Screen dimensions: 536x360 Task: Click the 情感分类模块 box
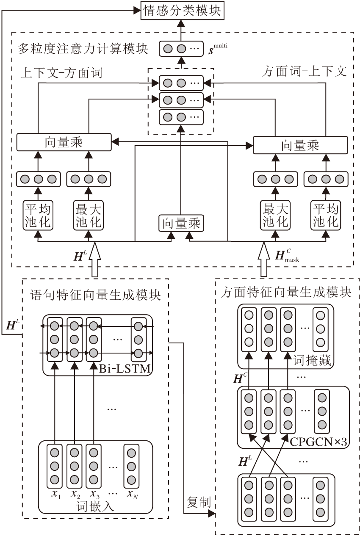click(182, 11)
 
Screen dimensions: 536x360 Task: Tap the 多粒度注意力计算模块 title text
click(83, 49)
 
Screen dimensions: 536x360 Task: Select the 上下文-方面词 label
click(61, 73)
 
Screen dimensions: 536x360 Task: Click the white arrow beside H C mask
click(264, 259)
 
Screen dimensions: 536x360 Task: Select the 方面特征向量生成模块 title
click(286, 293)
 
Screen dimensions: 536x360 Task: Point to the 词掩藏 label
click(312, 361)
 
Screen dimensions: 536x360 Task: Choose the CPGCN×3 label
click(319, 442)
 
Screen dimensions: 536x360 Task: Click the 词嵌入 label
click(95, 506)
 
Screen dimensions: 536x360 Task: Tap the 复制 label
click(198, 502)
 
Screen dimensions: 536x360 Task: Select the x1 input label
click(55, 494)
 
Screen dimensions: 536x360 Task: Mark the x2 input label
click(75, 494)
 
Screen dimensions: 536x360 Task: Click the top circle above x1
click(54, 453)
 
